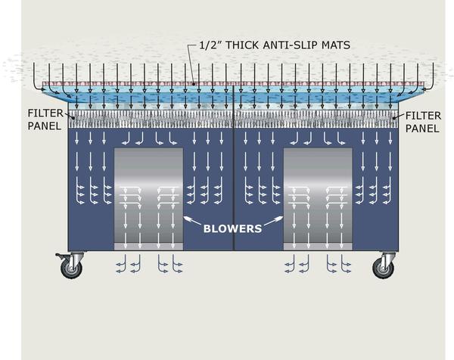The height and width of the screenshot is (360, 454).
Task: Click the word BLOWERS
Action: coord(234,226)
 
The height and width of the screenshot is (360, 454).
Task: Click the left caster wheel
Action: coord(72,268)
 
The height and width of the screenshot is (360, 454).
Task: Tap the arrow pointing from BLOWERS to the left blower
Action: coord(193,221)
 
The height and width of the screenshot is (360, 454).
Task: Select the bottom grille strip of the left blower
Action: coord(148,247)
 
